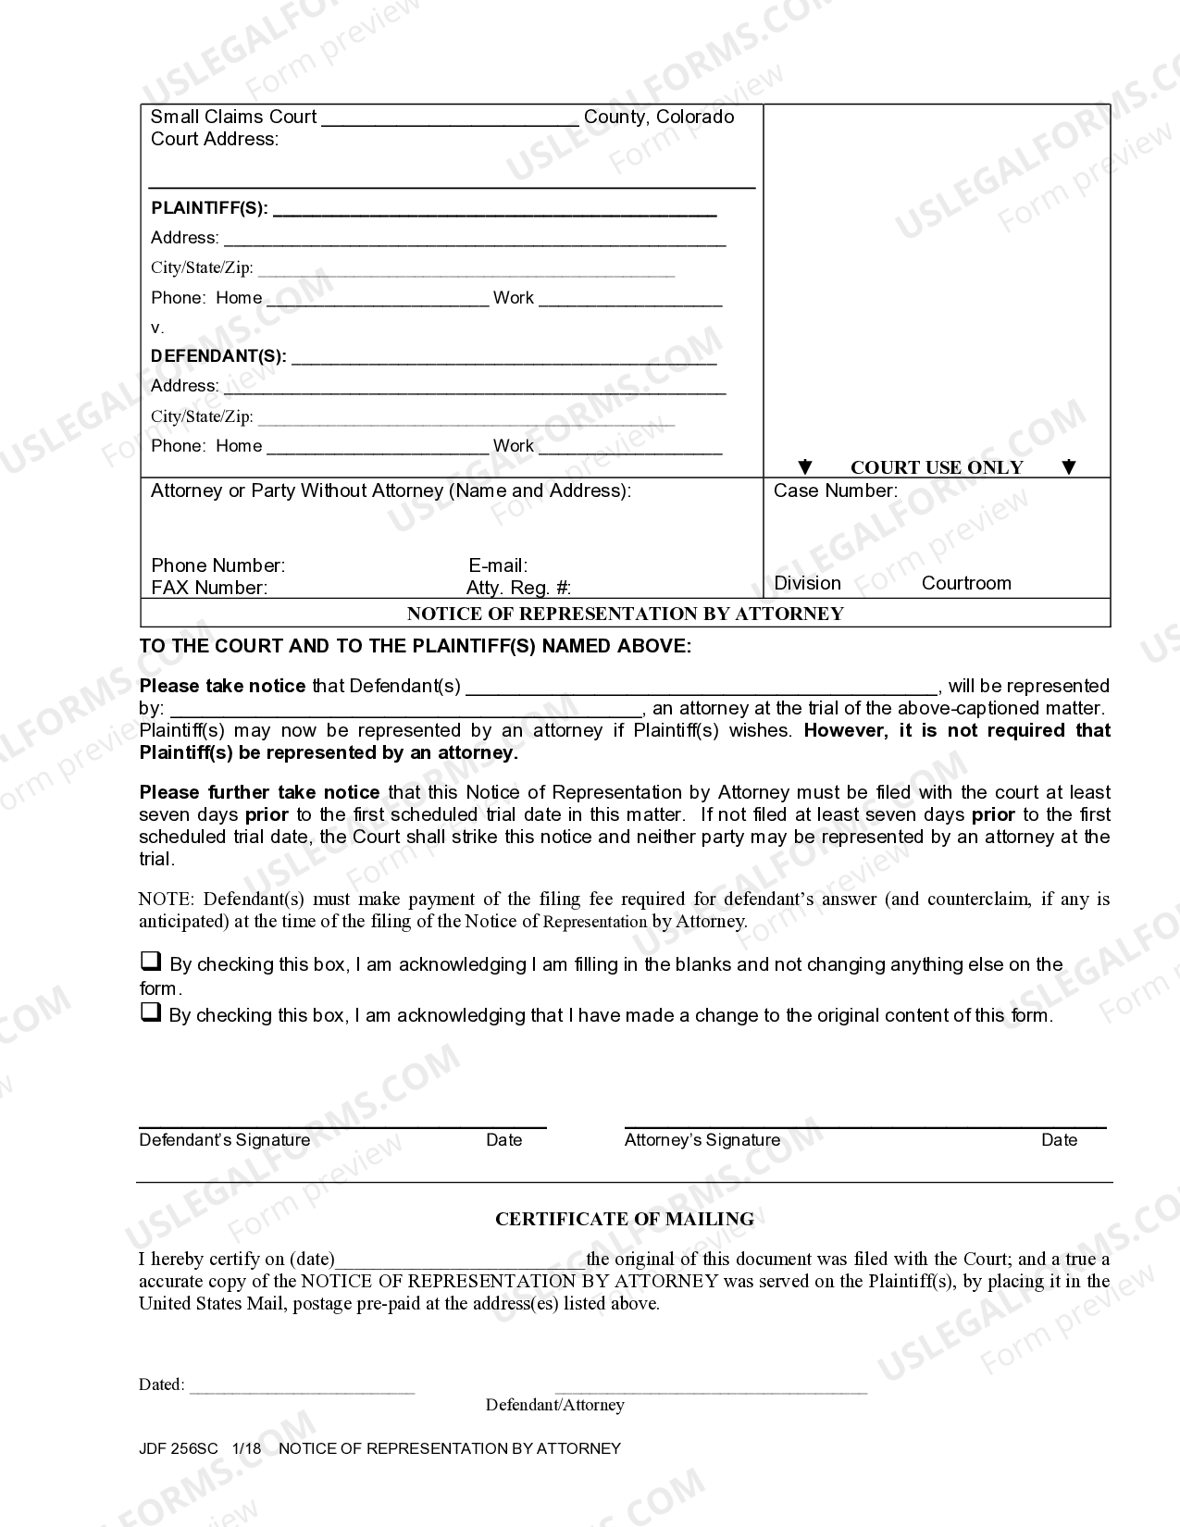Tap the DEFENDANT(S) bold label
(x=218, y=356)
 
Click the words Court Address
(x=214, y=140)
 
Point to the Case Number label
(x=835, y=491)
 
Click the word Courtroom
(x=966, y=583)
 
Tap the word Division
(x=807, y=583)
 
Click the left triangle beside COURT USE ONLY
(x=805, y=467)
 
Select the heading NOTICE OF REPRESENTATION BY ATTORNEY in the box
(x=625, y=614)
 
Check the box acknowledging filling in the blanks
(x=150, y=962)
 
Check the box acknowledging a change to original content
(x=150, y=1012)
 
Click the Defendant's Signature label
(x=224, y=1140)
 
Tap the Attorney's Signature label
(x=702, y=1140)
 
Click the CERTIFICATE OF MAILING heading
(x=625, y=1220)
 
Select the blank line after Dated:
(x=302, y=1386)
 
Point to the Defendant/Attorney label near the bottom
(x=554, y=1405)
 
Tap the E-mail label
(x=498, y=565)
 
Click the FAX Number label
(x=209, y=588)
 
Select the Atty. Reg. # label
(x=518, y=588)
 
